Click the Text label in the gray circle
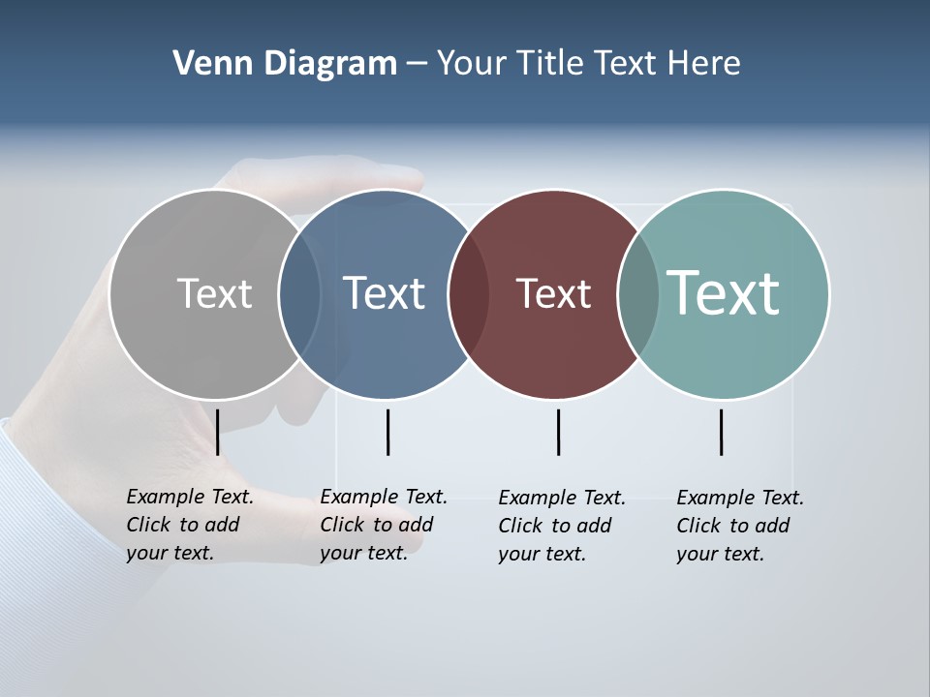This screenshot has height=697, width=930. [x=214, y=293]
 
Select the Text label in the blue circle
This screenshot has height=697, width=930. [x=385, y=293]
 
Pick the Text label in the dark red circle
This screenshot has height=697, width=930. [x=553, y=293]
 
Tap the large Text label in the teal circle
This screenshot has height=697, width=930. [x=724, y=292]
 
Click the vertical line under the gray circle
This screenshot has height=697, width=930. [x=218, y=432]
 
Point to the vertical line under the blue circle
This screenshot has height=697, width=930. [x=387, y=432]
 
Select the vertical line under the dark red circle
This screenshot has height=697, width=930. [x=558, y=432]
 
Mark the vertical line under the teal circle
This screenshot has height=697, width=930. [x=721, y=432]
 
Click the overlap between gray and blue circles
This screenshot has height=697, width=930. [x=300, y=293]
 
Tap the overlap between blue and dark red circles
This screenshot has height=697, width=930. [x=470, y=293]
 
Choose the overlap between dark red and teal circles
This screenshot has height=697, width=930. [x=638, y=293]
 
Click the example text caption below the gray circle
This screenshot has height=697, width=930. [x=190, y=525]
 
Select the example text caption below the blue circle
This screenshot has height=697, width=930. [x=384, y=525]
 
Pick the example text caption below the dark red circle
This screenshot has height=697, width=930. [x=562, y=526]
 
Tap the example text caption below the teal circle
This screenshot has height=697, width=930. [x=740, y=526]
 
